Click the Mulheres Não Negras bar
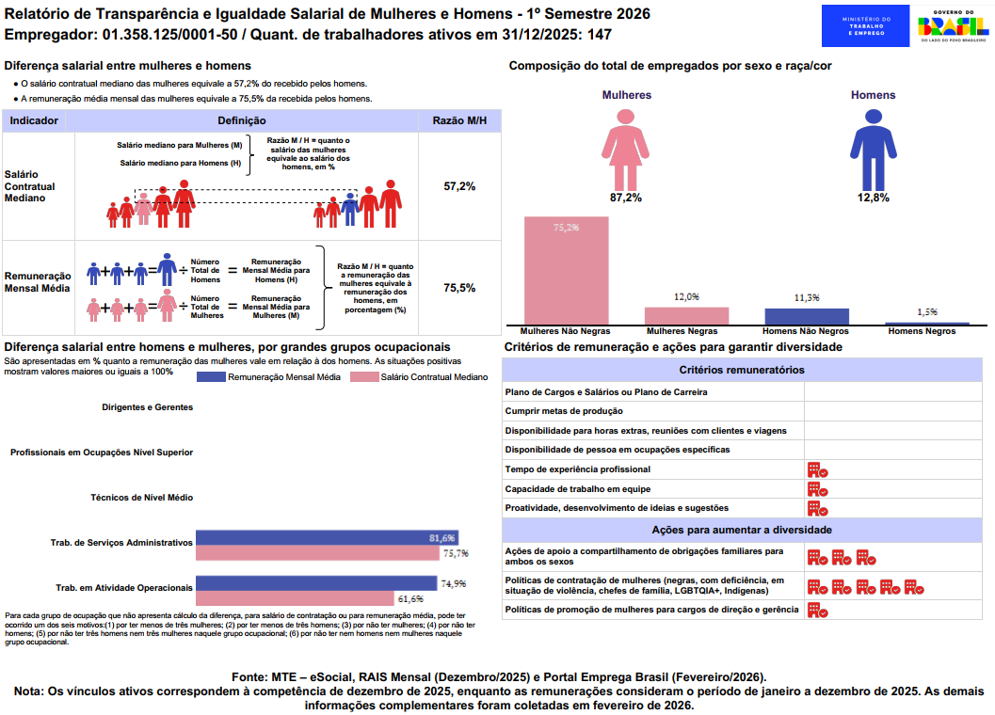coord(566,271)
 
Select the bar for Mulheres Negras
coord(686,316)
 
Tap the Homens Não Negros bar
coord(807,316)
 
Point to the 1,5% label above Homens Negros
coord(926,311)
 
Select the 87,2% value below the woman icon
coord(625,198)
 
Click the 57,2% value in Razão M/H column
coord(459,186)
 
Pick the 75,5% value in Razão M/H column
coord(459,288)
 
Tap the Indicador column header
coord(34,120)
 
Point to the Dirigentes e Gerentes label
coord(147,407)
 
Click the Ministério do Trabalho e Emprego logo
coord(865,25)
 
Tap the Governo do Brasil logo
coord(952,25)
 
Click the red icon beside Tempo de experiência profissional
coord(816,469)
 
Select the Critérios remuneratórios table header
coord(742,370)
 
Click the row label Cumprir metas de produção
coord(564,411)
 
